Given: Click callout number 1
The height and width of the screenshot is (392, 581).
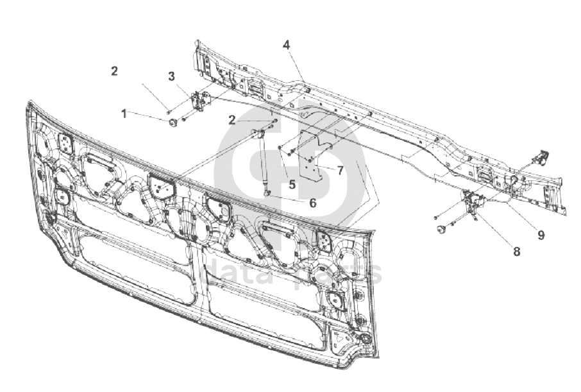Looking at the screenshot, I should tap(124, 114).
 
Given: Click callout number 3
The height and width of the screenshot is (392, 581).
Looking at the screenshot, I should tap(172, 76).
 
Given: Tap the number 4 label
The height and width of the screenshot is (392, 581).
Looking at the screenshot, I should tap(286, 45).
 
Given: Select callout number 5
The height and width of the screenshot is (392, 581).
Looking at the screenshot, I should tap(292, 184).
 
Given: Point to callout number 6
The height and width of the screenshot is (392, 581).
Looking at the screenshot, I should tap(312, 203).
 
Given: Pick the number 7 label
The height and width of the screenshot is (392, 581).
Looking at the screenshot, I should tap(340, 170).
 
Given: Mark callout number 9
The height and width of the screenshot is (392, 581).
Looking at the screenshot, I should tap(541, 235).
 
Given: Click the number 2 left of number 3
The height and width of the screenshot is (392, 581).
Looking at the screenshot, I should tap(114, 71).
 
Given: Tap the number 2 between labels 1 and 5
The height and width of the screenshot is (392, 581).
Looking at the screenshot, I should tap(232, 120).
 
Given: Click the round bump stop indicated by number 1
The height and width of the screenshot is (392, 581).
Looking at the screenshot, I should tap(173, 123).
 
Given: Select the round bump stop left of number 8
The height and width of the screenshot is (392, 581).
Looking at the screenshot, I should tap(441, 229).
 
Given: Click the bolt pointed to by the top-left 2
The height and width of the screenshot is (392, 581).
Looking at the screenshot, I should tap(168, 112).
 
